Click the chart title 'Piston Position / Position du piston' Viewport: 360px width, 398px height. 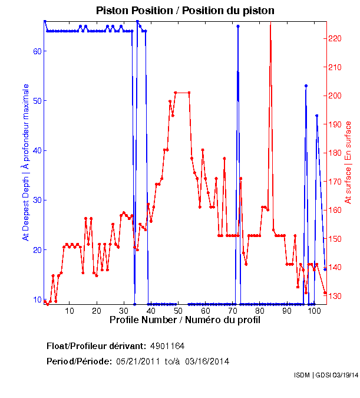tap(186, 11)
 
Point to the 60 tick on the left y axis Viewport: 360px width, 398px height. tap(37, 51)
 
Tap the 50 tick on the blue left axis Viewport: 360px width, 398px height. tap(37, 101)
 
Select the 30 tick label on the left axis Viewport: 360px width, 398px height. tap(37, 200)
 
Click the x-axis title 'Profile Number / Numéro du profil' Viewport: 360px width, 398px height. tap(185, 320)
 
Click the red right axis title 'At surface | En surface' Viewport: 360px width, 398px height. tap(348, 162)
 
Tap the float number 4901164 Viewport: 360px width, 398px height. tap(171, 346)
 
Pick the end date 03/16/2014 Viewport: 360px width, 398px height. tap(207, 361)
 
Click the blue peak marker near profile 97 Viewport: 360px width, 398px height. tap(306, 85)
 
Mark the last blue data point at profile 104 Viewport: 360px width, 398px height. tap(325, 269)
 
